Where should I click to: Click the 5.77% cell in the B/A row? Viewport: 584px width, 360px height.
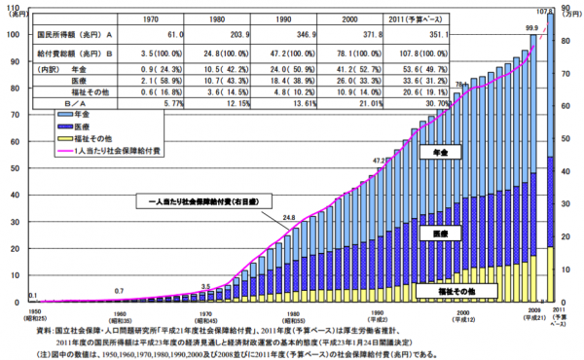click(x=173, y=100)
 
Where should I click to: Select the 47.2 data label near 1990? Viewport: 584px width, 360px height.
click(x=382, y=160)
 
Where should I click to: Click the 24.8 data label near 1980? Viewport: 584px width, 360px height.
click(x=289, y=217)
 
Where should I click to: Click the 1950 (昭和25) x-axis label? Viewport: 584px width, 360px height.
click(x=33, y=314)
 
